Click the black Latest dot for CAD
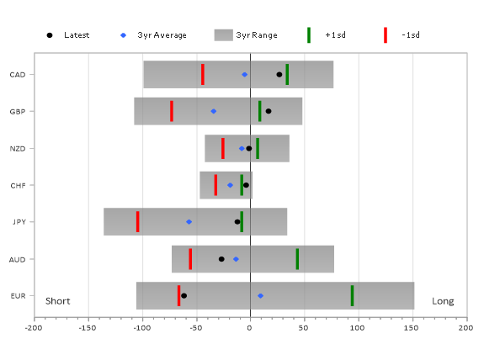tap(279, 75)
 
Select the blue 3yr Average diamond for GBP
tap(213, 111)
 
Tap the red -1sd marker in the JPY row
tap(138, 222)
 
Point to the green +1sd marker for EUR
tap(352, 296)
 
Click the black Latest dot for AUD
tap(221, 259)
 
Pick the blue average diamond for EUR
tap(261, 296)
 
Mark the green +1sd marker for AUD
tap(297, 259)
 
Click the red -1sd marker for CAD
tap(203, 74)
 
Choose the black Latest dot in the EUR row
tap(184, 296)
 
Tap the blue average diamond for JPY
tap(189, 222)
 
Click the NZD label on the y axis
tap(18, 149)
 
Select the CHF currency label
tap(18, 186)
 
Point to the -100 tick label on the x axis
tap(142, 327)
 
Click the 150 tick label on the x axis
tap(412, 327)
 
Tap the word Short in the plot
tap(58, 301)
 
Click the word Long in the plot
tap(443, 301)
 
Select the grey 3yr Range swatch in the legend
tap(223, 35)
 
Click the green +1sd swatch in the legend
tap(309, 35)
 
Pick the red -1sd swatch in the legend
tap(386, 35)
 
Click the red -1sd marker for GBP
tap(172, 111)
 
